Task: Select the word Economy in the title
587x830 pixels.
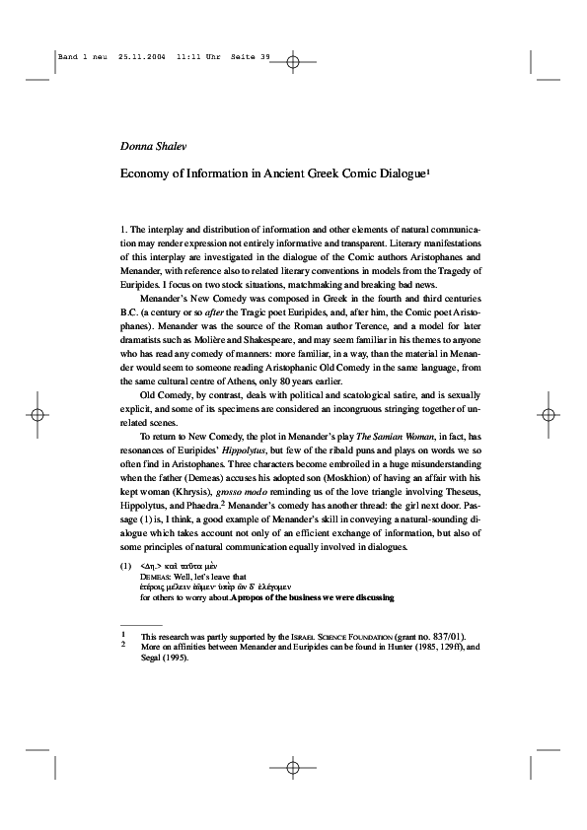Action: click(x=146, y=171)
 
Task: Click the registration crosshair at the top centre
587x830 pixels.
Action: click(x=293, y=61)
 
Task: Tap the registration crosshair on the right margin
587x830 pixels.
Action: click(x=549, y=414)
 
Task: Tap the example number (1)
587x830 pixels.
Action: click(x=126, y=566)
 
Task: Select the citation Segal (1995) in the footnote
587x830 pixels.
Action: click(x=167, y=657)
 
